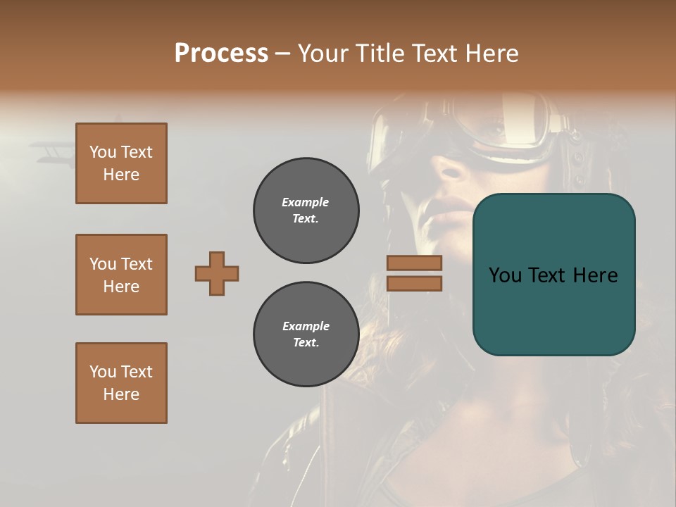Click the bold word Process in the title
point(221,54)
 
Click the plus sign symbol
point(217,273)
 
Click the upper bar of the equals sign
point(414,263)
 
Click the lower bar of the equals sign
point(414,283)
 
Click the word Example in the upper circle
point(306,202)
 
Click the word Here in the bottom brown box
point(121,394)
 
